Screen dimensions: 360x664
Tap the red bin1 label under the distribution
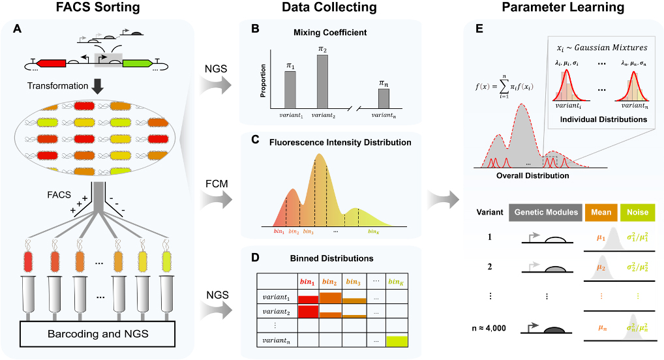(x=279, y=232)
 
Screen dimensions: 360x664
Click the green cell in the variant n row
(x=397, y=340)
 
